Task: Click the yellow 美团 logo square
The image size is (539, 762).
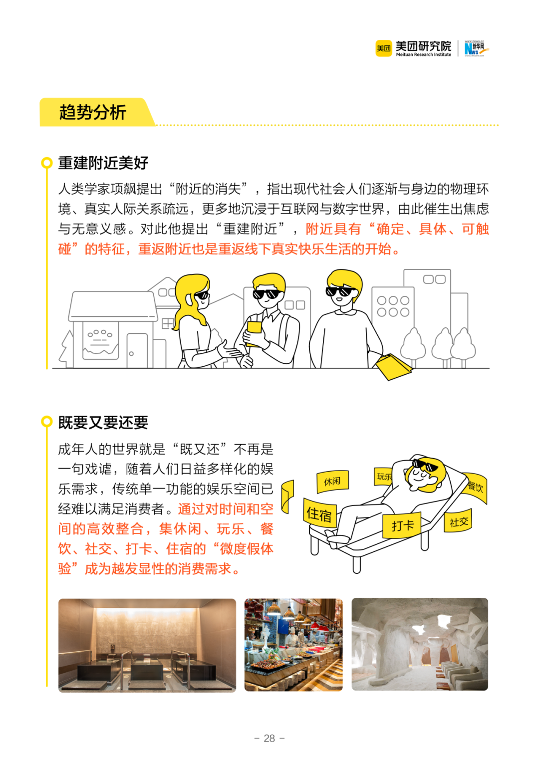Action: coord(384,48)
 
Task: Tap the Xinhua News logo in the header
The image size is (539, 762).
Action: coord(476,48)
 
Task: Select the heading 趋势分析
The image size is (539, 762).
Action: coord(93,112)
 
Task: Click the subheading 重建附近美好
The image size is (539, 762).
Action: coord(103,163)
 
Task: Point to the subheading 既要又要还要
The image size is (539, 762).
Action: coord(103,423)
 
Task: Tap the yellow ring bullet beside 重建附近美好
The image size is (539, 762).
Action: coord(47,163)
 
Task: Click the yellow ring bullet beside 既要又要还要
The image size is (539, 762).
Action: coord(47,422)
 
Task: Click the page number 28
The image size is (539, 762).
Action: coord(269,738)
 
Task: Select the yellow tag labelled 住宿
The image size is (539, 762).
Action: coord(319,514)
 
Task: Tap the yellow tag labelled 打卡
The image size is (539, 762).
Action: coord(402,525)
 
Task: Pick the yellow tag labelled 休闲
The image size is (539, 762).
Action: coord(332,482)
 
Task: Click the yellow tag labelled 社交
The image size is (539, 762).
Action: coord(458,522)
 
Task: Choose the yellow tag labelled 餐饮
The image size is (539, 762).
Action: coord(475,486)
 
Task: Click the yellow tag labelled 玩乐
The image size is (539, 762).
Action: coord(383,477)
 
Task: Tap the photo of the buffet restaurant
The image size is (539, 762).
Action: coord(293,645)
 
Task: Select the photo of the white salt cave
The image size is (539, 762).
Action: coord(420,644)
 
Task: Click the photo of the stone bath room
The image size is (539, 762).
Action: coord(147,645)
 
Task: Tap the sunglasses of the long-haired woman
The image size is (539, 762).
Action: coord(202,295)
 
